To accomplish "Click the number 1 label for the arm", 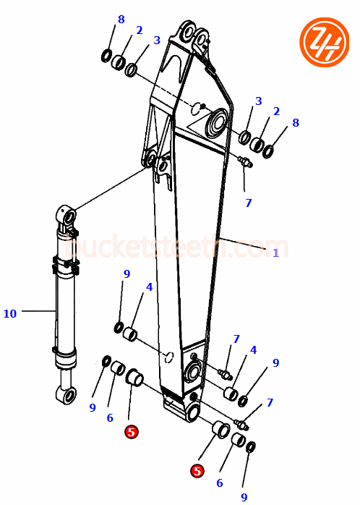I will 275,252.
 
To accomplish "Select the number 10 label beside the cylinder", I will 9,313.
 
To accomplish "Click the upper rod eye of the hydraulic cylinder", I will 66,216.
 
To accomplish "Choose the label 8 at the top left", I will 121,20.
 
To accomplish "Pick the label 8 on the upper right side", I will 295,123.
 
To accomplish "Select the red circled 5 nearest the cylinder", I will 131,432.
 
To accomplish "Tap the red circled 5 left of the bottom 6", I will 197,471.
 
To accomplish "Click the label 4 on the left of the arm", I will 149,287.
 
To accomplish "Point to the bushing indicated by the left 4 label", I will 130,335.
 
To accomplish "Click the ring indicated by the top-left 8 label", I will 106,56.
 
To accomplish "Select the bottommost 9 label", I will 244,497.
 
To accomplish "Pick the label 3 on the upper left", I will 156,41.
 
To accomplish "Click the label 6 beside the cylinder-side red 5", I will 110,418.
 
